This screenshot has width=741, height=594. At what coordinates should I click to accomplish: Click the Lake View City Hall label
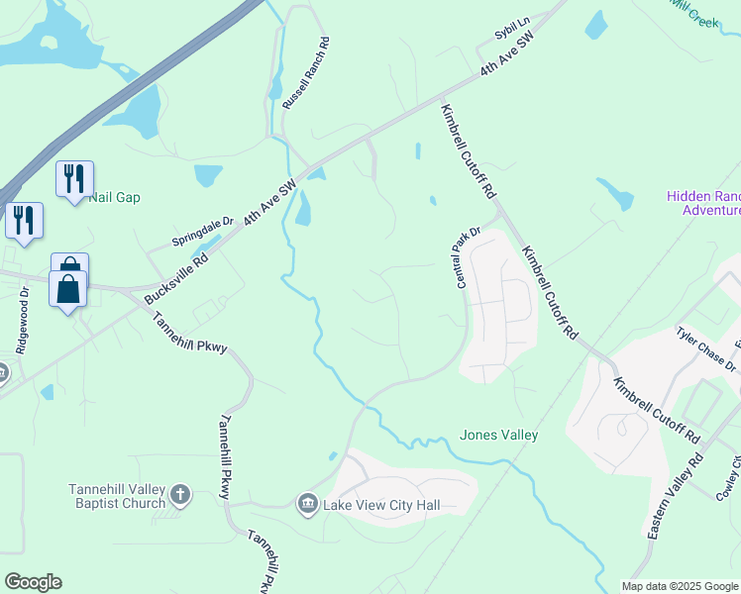(x=380, y=506)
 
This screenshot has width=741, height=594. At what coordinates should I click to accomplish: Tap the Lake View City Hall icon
(x=307, y=506)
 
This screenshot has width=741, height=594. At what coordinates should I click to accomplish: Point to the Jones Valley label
(x=499, y=435)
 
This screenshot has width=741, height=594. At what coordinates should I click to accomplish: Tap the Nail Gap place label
(x=115, y=197)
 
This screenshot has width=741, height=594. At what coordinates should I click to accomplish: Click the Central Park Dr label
(x=467, y=258)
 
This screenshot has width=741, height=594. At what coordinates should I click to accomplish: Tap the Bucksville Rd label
(x=176, y=276)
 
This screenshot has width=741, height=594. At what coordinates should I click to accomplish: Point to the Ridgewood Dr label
(x=22, y=320)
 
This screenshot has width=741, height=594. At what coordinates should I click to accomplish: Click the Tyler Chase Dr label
(x=706, y=348)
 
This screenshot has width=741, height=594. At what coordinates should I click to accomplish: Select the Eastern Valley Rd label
(x=675, y=496)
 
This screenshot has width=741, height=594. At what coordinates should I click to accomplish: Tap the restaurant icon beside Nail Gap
(x=74, y=178)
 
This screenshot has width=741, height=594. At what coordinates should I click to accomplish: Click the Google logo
(x=33, y=582)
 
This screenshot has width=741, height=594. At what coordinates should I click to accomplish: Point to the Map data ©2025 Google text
(x=681, y=586)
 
